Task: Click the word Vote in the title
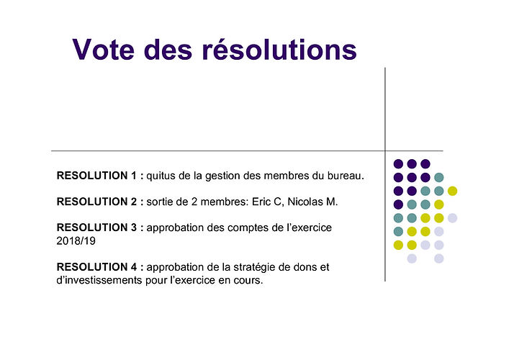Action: click(x=103, y=50)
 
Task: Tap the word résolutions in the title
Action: click(x=279, y=49)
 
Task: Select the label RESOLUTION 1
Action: click(x=96, y=176)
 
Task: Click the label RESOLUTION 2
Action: click(x=96, y=202)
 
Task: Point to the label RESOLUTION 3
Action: click(x=96, y=228)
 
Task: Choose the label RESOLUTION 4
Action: click(x=96, y=267)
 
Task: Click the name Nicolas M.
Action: click(x=312, y=202)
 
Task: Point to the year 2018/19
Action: click(x=76, y=241)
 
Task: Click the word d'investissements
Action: click(x=99, y=280)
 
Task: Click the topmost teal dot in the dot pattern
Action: click(x=439, y=178)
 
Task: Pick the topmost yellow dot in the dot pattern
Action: click(x=452, y=191)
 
